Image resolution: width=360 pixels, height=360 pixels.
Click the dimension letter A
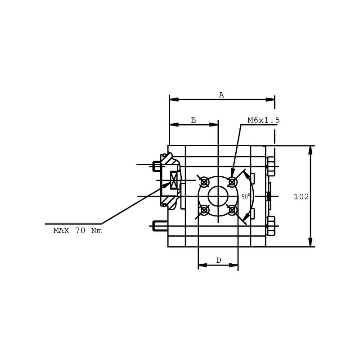tap(221, 95)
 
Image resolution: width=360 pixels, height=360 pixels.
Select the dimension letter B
tap(193, 120)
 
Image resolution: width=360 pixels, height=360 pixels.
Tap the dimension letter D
tap(219, 260)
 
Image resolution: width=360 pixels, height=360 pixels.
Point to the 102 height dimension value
tap(301, 197)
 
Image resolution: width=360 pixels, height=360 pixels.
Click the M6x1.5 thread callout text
tap(264, 120)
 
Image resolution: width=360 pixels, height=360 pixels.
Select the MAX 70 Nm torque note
tap(77, 230)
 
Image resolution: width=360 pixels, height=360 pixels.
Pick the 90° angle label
tap(246, 197)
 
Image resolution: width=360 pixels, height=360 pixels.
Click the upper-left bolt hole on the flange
tap(204, 182)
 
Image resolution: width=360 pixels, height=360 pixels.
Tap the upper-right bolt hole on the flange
tap(232, 182)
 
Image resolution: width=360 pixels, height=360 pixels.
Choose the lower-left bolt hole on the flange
tap(204, 210)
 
